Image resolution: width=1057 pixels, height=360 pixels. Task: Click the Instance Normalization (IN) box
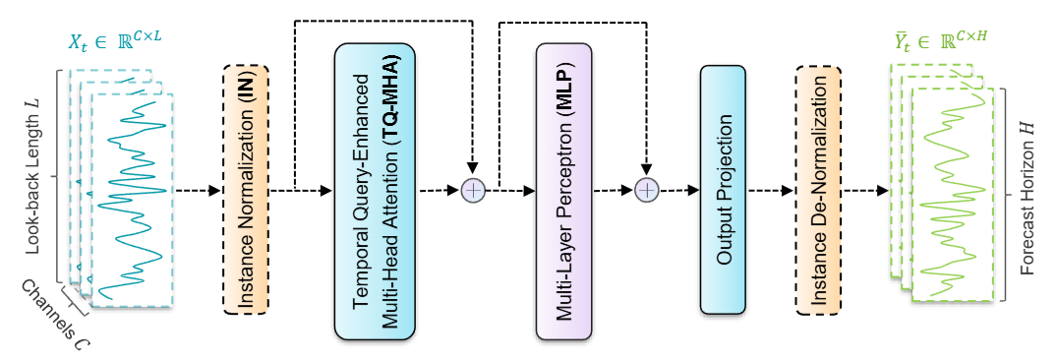coord(246,189)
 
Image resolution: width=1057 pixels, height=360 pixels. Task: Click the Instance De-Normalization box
coord(818,190)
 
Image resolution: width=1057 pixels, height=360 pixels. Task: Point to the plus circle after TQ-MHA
coord(474,191)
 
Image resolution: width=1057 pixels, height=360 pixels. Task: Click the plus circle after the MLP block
coord(646,191)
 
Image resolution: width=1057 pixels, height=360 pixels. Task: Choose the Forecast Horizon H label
coord(1028,197)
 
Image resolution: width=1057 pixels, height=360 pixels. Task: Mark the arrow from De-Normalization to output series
coord(865,190)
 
